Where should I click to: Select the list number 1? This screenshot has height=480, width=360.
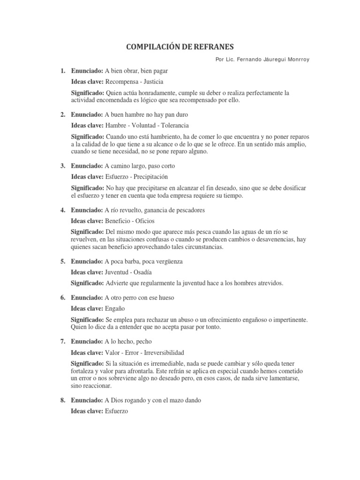tap(62, 71)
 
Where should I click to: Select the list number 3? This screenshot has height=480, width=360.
tap(62, 166)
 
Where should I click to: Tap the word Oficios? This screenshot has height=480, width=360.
tap(144, 220)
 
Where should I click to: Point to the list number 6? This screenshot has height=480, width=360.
tap(62, 298)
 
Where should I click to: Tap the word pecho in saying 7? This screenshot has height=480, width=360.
tap(140, 341)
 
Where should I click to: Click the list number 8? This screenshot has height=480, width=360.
tap(62, 401)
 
